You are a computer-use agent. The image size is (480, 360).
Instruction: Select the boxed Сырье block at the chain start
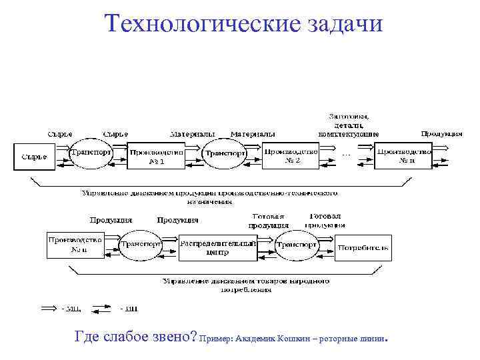[34, 157]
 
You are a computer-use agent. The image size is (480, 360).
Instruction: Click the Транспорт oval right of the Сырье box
[90, 152]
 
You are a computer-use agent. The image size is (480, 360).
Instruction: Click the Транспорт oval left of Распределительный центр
[141, 245]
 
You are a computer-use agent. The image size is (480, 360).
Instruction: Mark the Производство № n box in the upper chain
[403, 156]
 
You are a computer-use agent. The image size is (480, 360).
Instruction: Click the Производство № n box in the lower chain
[75, 245]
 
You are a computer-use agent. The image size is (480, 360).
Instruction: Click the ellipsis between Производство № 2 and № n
[345, 154]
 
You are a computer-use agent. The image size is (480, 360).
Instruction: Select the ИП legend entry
[113, 308]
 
